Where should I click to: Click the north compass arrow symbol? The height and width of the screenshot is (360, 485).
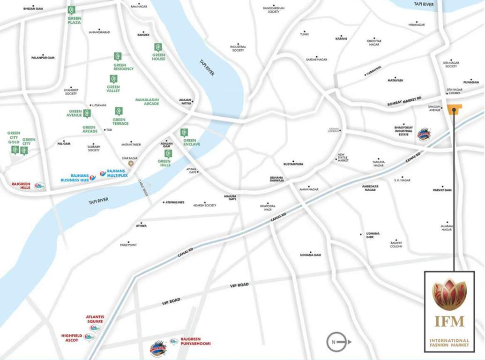tap(338, 341)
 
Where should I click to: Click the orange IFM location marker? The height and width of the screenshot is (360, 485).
tap(454, 109)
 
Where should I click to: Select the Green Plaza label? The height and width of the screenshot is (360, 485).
tap(74, 20)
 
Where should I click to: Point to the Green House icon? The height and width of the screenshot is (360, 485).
tap(158, 47)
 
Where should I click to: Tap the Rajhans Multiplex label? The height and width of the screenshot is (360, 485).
tap(117, 173)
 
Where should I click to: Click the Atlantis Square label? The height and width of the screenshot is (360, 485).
tap(94, 319)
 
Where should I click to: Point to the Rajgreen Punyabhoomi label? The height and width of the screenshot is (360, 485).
tap(195, 341)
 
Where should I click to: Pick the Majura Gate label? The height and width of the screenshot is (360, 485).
tap(230, 197)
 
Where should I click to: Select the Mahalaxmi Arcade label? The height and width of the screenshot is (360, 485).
tap(148, 101)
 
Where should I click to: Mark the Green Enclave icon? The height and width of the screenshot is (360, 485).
tap(184, 133)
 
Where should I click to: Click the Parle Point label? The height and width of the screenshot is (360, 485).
tap(128, 245)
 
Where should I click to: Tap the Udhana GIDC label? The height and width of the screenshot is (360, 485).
tap(373, 235)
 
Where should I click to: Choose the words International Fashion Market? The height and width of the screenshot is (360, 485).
tap(449, 343)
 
